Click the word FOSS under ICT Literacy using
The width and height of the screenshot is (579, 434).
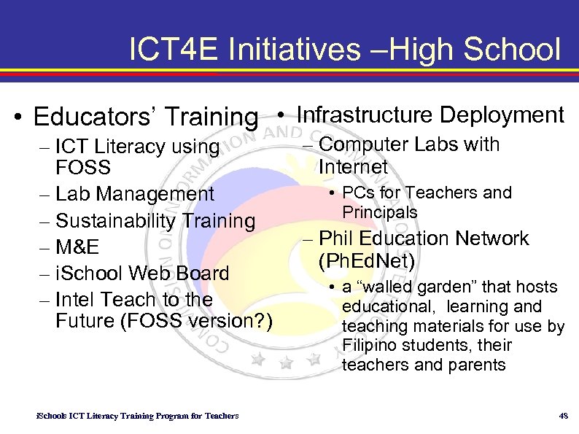[x=83, y=168]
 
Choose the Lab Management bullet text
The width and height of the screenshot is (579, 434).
[x=135, y=194]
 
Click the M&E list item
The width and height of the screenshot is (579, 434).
[x=78, y=247]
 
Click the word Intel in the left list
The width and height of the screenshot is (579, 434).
[x=76, y=299]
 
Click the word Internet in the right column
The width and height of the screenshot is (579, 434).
[x=354, y=167]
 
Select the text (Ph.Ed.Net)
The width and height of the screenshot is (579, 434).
[x=367, y=260]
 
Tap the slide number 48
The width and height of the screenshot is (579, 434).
[x=562, y=416]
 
